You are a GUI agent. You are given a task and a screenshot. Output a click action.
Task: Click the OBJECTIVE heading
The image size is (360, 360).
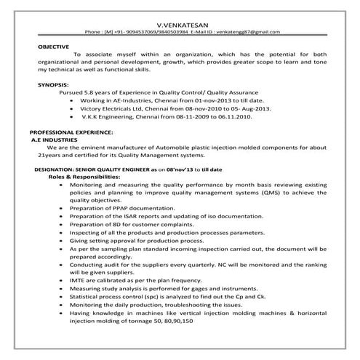click(53, 46)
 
